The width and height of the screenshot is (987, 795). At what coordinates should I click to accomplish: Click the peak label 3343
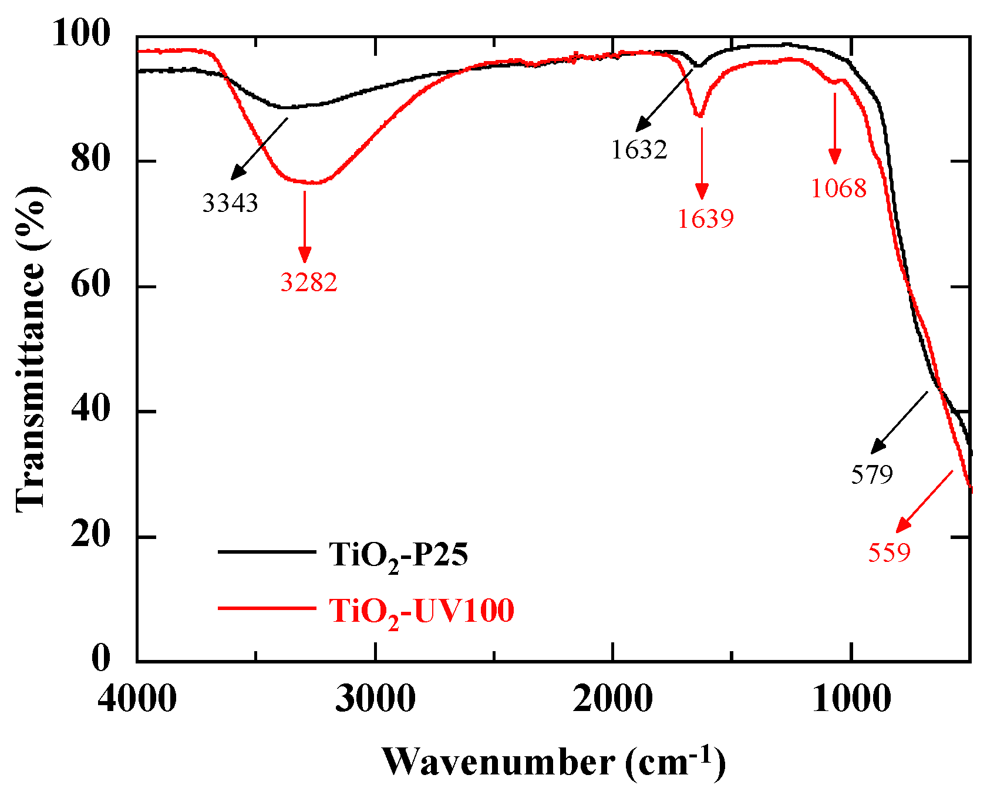[230, 204]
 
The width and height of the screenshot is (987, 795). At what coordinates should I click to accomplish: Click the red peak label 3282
[309, 283]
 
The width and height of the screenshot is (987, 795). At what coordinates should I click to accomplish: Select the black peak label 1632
[639, 150]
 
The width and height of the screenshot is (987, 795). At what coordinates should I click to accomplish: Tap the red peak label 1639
[706, 220]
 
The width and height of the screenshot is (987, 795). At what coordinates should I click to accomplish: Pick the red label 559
[890, 553]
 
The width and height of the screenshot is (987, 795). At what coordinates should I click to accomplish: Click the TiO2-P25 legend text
[399, 555]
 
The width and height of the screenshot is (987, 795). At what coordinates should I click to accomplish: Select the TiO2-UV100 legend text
[421, 611]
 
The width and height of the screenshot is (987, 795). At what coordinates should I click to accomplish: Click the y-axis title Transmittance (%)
[31, 349]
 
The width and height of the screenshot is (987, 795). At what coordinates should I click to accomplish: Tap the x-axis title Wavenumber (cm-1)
[554, 763]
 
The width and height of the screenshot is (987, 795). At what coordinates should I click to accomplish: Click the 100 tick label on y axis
[80, 33]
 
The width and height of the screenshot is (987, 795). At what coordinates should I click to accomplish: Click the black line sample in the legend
[267, 551]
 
